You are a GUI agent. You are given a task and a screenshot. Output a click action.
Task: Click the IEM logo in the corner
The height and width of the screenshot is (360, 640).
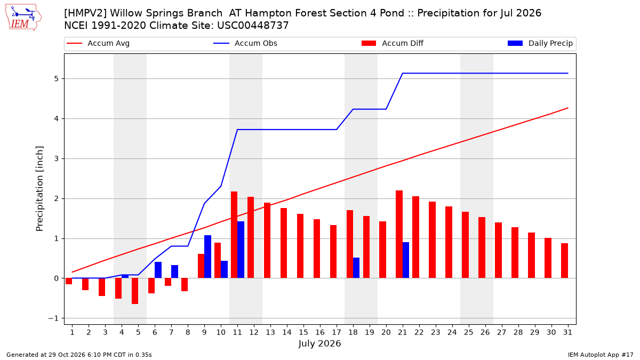23,18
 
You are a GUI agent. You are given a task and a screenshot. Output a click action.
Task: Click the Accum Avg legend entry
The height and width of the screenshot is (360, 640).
98,43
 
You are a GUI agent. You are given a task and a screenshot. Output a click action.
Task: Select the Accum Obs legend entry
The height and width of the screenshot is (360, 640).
245,43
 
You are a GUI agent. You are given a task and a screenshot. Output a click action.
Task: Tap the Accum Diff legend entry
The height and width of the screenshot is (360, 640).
393,43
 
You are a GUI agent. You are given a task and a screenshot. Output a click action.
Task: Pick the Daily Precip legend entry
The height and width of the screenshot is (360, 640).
540,43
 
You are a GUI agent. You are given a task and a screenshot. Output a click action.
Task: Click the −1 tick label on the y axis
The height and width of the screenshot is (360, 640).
53,318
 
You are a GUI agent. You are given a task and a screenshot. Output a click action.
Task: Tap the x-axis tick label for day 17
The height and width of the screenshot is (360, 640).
337,332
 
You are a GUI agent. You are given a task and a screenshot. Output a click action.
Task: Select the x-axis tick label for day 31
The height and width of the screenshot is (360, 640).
567,332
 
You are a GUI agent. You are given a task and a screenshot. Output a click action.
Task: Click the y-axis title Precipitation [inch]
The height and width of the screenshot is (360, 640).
39,189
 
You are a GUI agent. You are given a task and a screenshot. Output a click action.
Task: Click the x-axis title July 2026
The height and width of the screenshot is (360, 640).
319,343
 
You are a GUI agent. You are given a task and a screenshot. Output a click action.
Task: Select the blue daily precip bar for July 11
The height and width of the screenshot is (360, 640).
241,250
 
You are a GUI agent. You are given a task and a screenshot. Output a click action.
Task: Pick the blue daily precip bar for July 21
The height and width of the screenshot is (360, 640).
406,260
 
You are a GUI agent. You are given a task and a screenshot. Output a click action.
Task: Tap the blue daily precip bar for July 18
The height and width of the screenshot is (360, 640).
356,268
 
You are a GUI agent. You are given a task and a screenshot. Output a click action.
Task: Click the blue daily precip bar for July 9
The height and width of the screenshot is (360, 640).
207,257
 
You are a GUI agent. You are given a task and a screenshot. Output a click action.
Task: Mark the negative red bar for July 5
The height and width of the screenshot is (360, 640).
135,291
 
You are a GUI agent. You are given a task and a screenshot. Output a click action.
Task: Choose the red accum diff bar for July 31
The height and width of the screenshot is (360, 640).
564,261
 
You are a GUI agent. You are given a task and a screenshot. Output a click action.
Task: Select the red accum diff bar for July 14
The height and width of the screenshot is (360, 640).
284,243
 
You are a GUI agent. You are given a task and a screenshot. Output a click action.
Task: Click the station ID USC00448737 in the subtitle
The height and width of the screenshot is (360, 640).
253,26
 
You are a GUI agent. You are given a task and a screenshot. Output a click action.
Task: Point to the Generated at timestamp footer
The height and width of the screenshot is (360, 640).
79,355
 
